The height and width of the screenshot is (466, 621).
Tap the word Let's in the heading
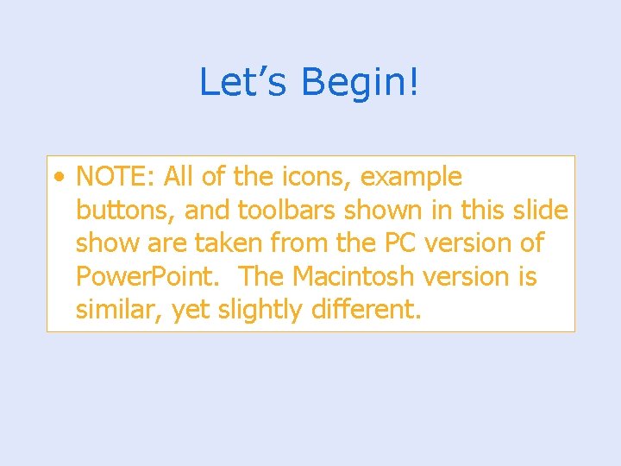244,83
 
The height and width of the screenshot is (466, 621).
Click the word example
411,177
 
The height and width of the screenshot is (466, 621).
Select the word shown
392,211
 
